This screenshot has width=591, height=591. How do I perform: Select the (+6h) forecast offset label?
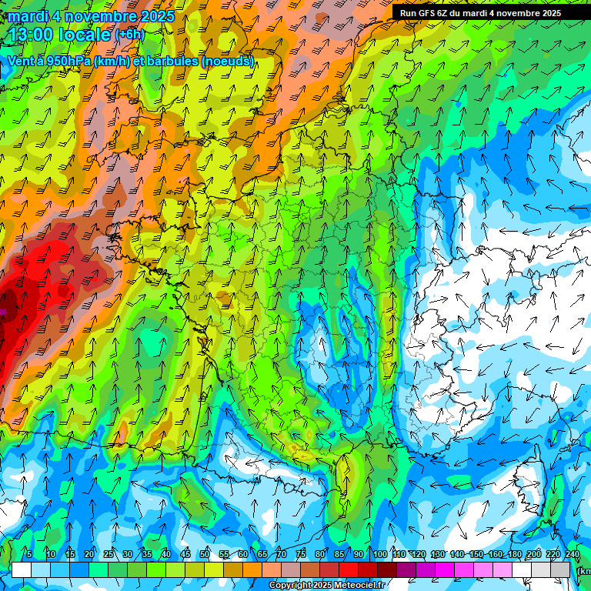point(129,34)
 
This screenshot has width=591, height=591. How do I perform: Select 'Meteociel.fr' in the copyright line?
point(359,586)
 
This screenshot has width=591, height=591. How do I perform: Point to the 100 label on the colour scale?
point(379,555)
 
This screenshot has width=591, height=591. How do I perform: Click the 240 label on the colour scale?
point(572,555)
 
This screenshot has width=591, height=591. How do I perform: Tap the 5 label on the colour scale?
point(29,555)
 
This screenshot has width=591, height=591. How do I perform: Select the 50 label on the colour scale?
point(205,555)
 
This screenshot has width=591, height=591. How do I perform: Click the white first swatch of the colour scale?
point(22,569)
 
